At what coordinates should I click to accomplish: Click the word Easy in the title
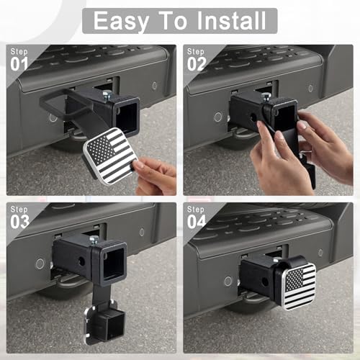click(121, 22)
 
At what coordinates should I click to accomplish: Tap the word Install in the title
click(231, 21)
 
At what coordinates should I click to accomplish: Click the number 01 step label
click(19, 64)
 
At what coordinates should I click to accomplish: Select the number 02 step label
click(197, 64)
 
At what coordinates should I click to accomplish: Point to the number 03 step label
click(19, 222)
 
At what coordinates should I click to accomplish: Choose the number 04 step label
click(197, 222)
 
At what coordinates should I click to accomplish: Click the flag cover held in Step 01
click(110, 156)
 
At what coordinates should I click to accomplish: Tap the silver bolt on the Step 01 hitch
click(107, 96)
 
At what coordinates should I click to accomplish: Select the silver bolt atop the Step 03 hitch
click(94, 241)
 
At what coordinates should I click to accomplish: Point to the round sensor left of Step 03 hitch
click(40, 264)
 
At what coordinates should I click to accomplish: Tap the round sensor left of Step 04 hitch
click(228, 281)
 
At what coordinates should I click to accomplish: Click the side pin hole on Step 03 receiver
click(81, 261)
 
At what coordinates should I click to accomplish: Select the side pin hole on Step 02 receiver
click(253, 117)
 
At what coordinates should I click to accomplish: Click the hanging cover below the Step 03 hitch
click(104, 323)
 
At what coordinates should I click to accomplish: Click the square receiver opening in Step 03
click(113, 264)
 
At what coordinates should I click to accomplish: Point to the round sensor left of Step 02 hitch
click(218, 117)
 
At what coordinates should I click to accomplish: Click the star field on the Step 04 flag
click(294, 278)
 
